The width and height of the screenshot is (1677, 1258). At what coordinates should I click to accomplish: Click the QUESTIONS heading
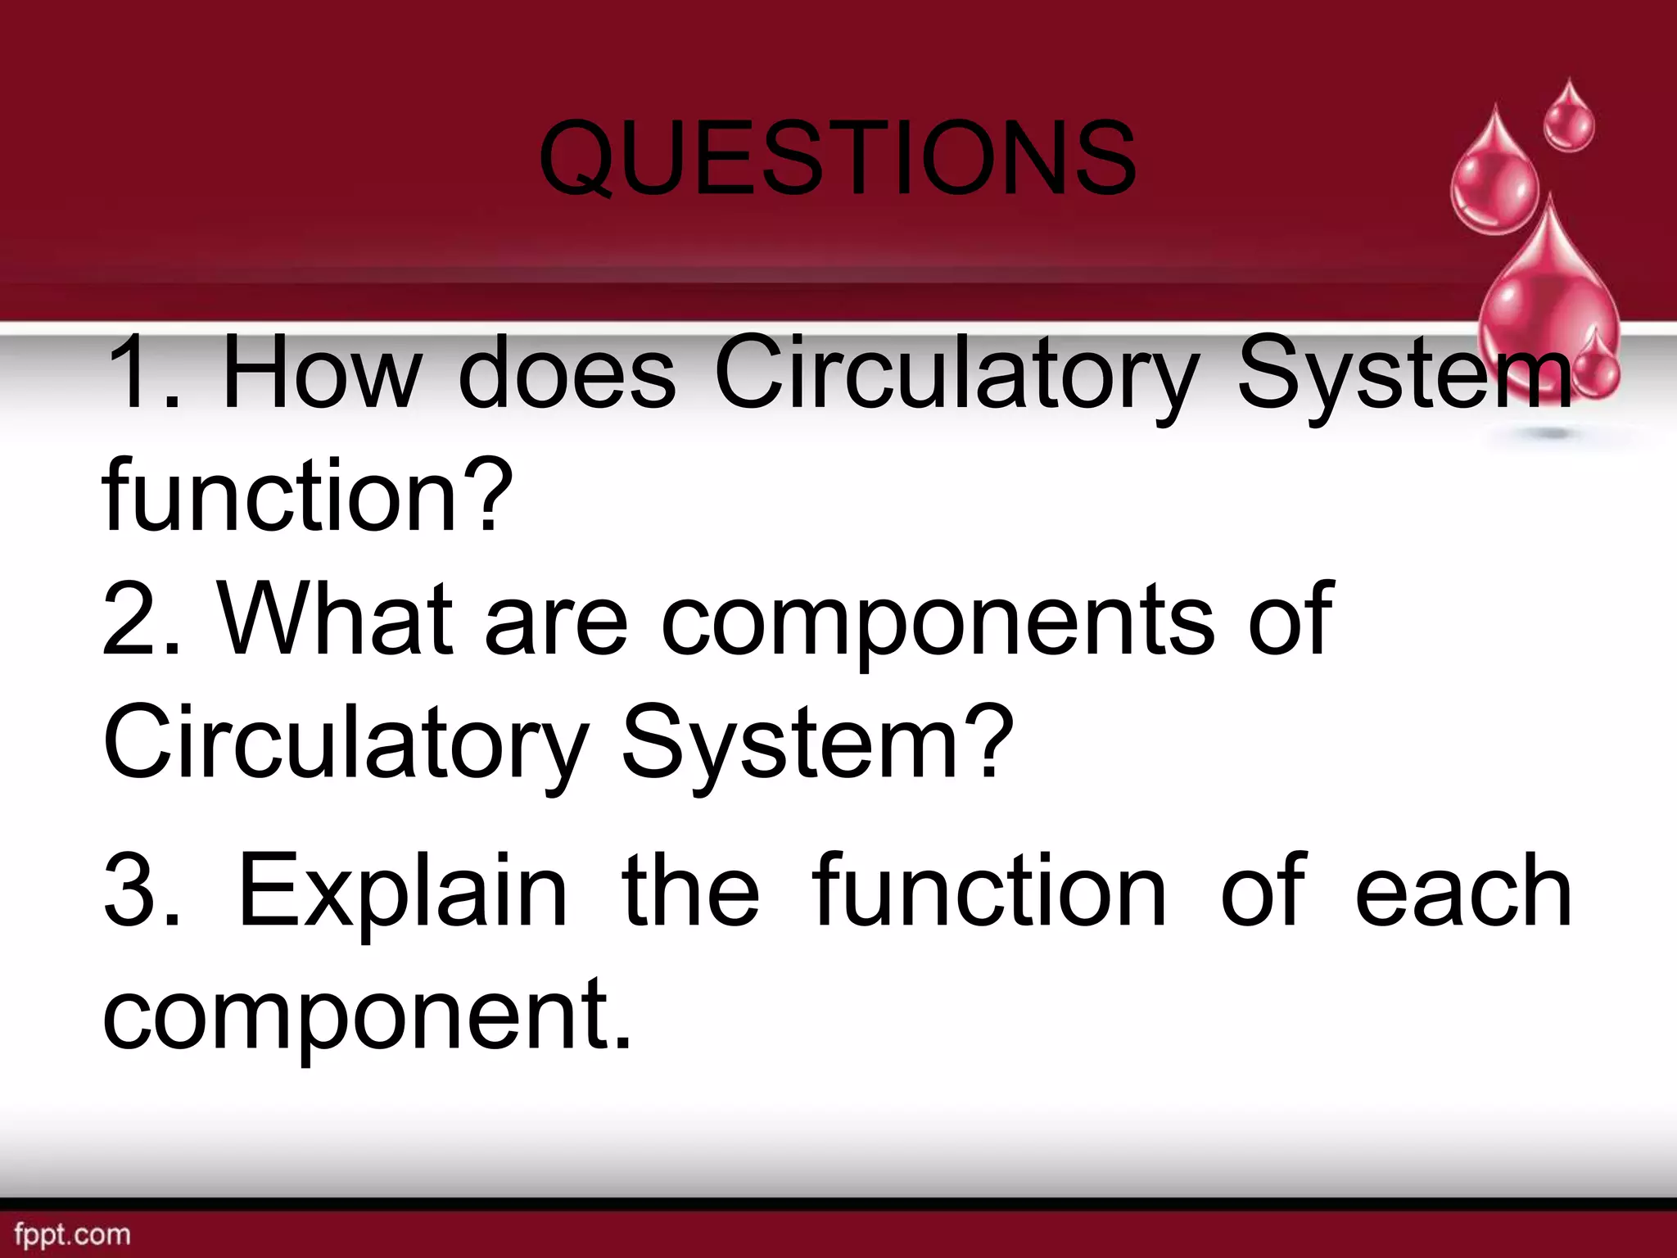click(837, 157)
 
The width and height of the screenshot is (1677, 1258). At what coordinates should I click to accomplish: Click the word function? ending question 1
click(308, 496)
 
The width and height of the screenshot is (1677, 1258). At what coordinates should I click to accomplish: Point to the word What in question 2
click(336, 620)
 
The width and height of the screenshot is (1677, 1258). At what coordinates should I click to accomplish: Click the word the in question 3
click(690, 891)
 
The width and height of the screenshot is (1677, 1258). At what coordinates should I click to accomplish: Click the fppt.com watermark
click(73, 1234)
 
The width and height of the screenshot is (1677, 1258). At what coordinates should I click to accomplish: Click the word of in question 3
click(1262, 891)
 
